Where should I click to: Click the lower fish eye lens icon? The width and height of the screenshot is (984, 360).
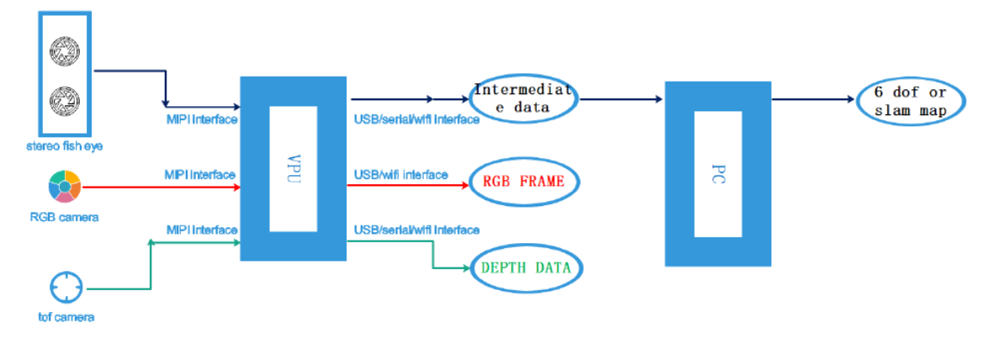(65, 103)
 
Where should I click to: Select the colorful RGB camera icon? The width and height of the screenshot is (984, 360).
(64, 187)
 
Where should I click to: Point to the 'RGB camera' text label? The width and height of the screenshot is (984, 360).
(64, 217)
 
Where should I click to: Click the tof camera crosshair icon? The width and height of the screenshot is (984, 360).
(66, 288)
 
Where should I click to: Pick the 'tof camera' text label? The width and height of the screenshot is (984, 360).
(66, 317)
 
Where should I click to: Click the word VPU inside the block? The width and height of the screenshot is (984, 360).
(292, 168)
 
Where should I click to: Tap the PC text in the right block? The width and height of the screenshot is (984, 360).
(717, 173)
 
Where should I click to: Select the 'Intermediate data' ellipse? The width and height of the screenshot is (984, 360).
(524, 98)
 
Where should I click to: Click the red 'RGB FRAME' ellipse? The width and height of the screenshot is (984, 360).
(524, 181)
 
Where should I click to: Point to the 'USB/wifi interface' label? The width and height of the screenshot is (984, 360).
(400, 174)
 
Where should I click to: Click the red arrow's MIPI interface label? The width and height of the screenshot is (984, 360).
(200, 174)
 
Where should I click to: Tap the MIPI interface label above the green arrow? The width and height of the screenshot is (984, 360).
(200, 230)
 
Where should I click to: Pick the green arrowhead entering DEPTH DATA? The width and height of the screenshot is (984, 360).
(463, 268)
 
